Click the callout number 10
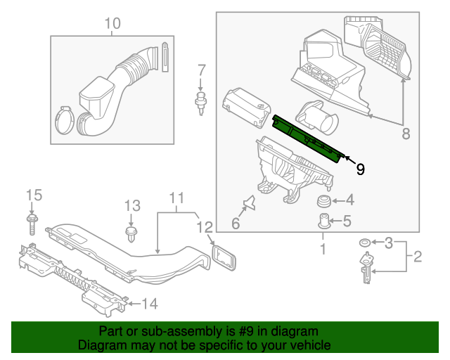pos(112,23)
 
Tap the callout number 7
pos(202,70)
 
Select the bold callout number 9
pos(360,169)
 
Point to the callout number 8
pos(406,134)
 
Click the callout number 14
pos(150,304)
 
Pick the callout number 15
pos(34,195)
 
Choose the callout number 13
pos(132,205)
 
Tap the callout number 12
pos(205,227)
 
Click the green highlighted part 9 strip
pos(309,139)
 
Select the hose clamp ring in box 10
pos(64,120)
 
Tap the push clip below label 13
pos(131,233)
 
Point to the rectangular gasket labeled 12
pos(224,257)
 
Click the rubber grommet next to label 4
pos(324,200)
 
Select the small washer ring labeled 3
pos(365,243)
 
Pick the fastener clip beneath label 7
pos(201,103)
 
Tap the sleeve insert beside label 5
pos(324,221)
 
